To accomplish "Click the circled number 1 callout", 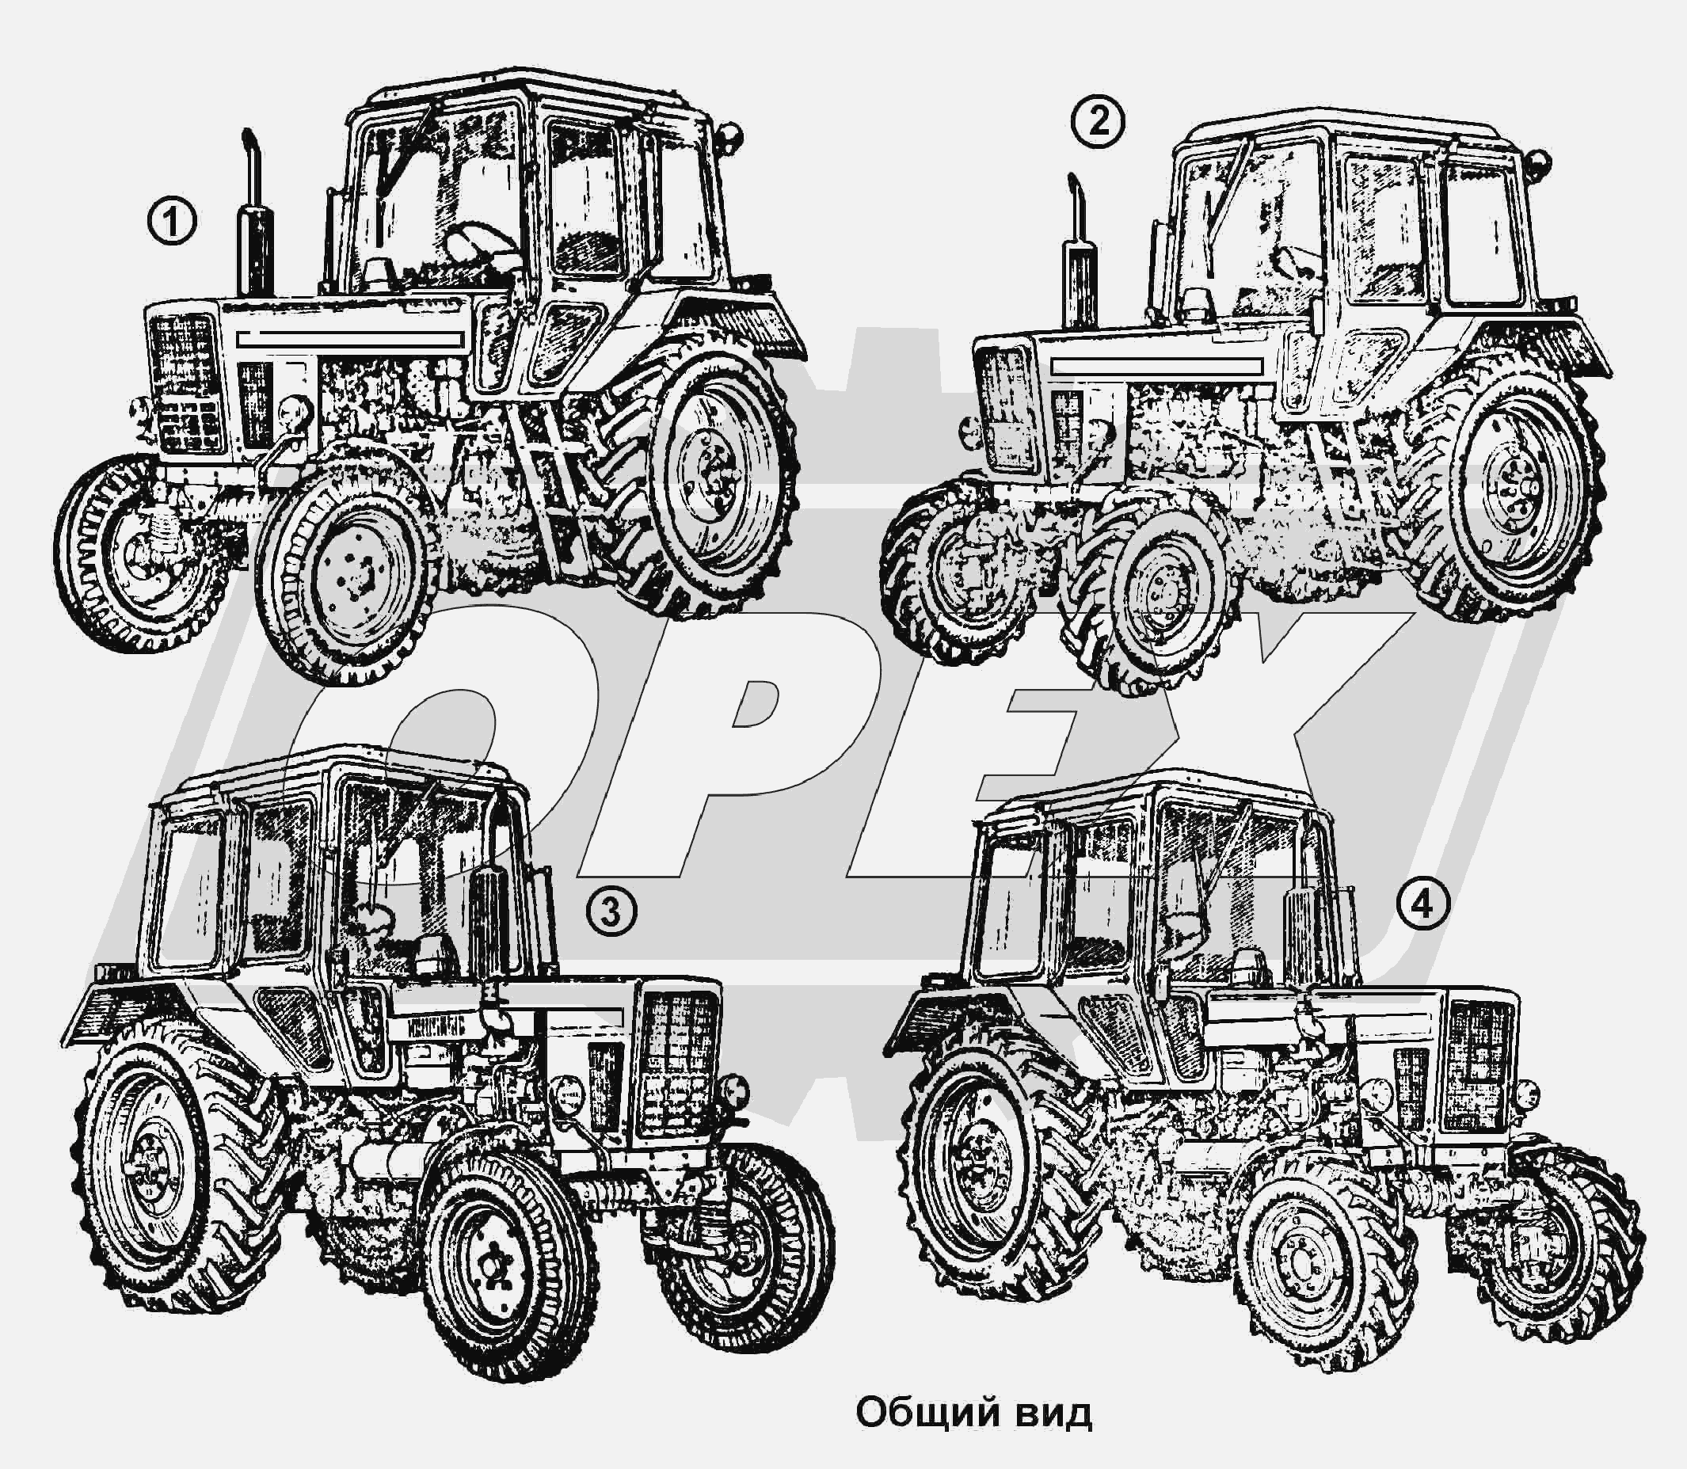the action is pos(172,223).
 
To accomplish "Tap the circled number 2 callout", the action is pos(1098,123).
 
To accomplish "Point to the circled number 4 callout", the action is pos(1424,904).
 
